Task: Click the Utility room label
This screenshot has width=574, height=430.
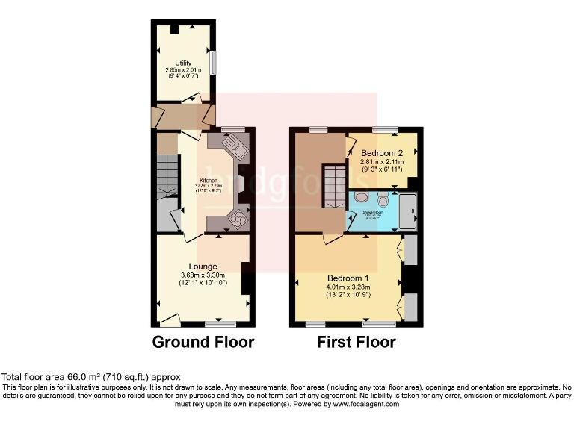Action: pos(183,63)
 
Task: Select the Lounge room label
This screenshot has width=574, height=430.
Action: pos(203,267)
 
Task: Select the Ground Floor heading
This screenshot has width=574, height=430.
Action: pos(203,343)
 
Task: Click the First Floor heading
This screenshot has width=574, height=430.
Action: pos(356,343)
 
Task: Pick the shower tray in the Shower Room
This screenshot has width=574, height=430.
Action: pos(410,211)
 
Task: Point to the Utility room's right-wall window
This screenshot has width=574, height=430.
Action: pos(212,62)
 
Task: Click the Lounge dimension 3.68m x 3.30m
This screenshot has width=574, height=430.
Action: pos(203,275)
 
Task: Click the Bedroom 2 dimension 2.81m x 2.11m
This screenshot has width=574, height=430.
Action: pos(382,161)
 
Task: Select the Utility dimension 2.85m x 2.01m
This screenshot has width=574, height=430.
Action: pos(183,70)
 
